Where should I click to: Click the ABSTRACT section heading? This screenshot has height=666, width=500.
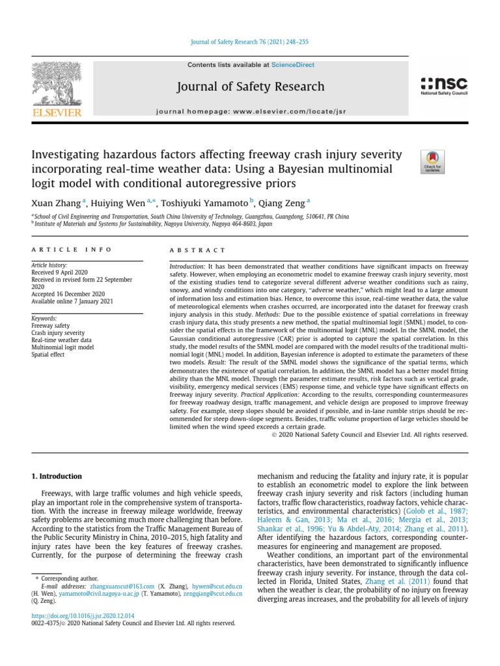(197, 250)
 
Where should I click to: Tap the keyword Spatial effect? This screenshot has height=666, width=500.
(48, 355)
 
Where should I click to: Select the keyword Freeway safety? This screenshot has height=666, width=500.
(50, 325)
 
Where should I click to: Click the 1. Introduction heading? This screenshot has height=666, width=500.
(57, 476)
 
